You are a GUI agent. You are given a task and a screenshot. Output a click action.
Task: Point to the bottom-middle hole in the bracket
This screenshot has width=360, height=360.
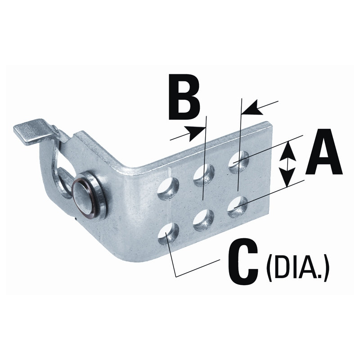203,220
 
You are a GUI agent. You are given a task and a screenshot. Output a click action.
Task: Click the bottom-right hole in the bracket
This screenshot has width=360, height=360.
237,207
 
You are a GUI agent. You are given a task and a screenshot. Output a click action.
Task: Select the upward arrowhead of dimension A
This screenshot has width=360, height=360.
288,152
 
